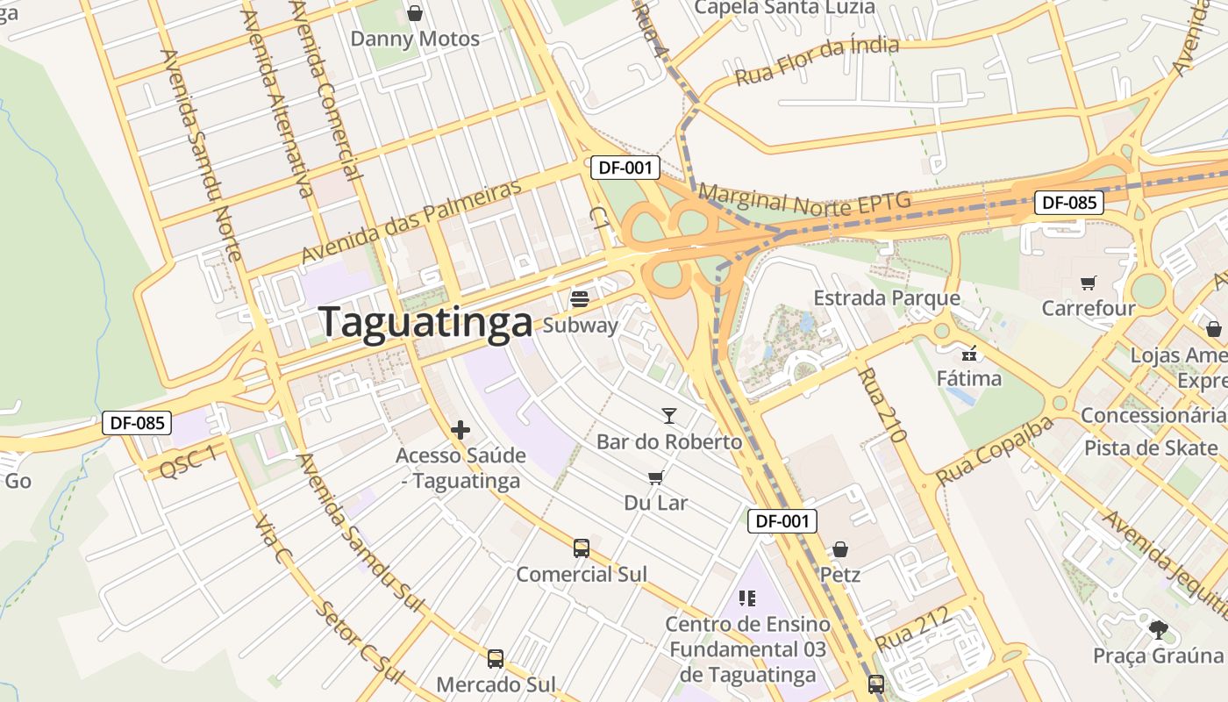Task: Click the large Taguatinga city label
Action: tap(425, 322)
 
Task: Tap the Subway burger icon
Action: tap(579, 299)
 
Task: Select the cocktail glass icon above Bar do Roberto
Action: tap(669, 416)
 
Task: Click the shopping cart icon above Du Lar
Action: tap(655, 477)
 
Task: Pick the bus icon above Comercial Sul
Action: tap(581, 548)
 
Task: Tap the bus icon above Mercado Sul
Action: tap(496, 658)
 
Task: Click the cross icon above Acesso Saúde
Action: tap(460, 430)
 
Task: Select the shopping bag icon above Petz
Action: tap(840, 549)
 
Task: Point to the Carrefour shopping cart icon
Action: tap(1089, 283)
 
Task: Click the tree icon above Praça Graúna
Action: tap(1158, 629)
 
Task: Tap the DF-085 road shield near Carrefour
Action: tap(1067, 203)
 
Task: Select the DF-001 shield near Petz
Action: tap(782, 520)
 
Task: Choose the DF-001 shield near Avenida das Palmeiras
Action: tap(625, 168)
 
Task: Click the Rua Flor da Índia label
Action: tap(817, 61)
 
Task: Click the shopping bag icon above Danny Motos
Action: tap(415, 13)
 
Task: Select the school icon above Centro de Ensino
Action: tap(746, 598)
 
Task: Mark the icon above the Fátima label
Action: tap(969, 354)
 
